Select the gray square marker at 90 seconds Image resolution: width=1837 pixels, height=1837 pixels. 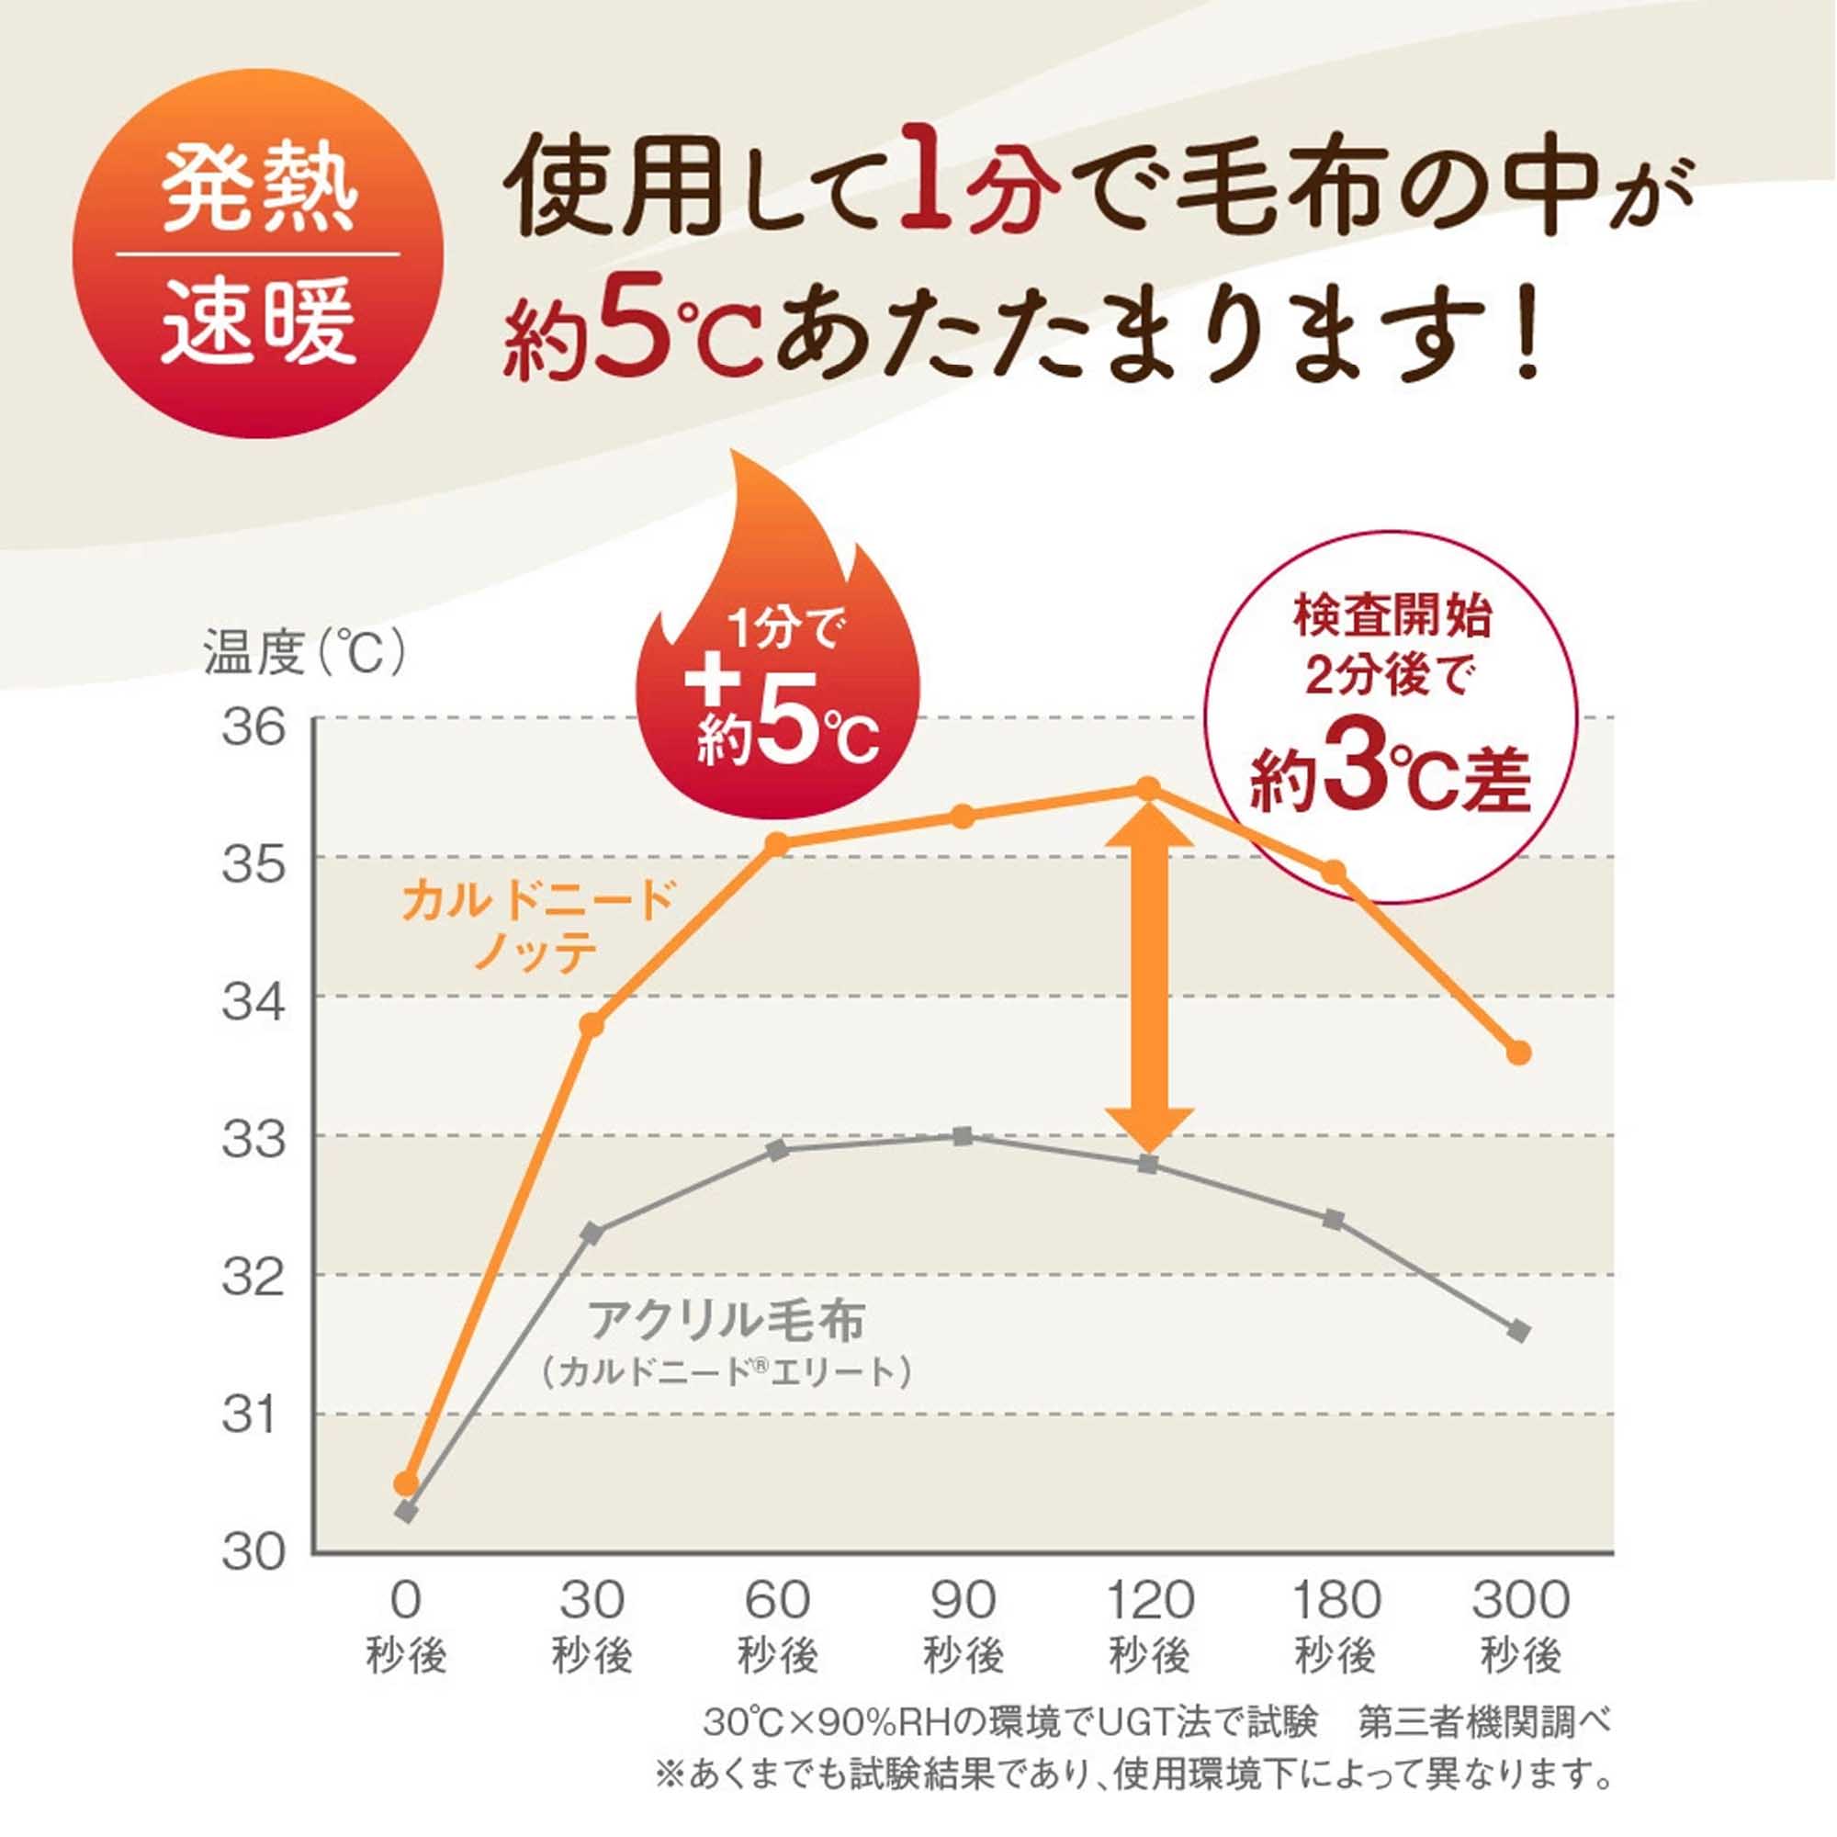click(x=963, y=1136)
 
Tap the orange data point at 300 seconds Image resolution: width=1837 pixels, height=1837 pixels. click(x=1519, y=1053)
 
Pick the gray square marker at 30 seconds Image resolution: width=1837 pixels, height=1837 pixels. click(x=592, y=1234)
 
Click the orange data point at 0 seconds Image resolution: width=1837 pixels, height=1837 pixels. click(x=406, y=1483)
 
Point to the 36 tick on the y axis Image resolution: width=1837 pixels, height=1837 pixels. click(x=254, y=727)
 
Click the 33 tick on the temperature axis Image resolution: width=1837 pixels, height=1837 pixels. click(x=254, y=1139)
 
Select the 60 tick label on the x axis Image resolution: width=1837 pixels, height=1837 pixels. click(x=777, y=1599)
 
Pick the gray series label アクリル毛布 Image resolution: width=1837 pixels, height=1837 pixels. click(x=727, y=1322)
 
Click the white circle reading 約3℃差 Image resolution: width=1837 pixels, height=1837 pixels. click(x=1390, y=715)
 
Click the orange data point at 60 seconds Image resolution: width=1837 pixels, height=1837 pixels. click(x=777, y=843)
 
